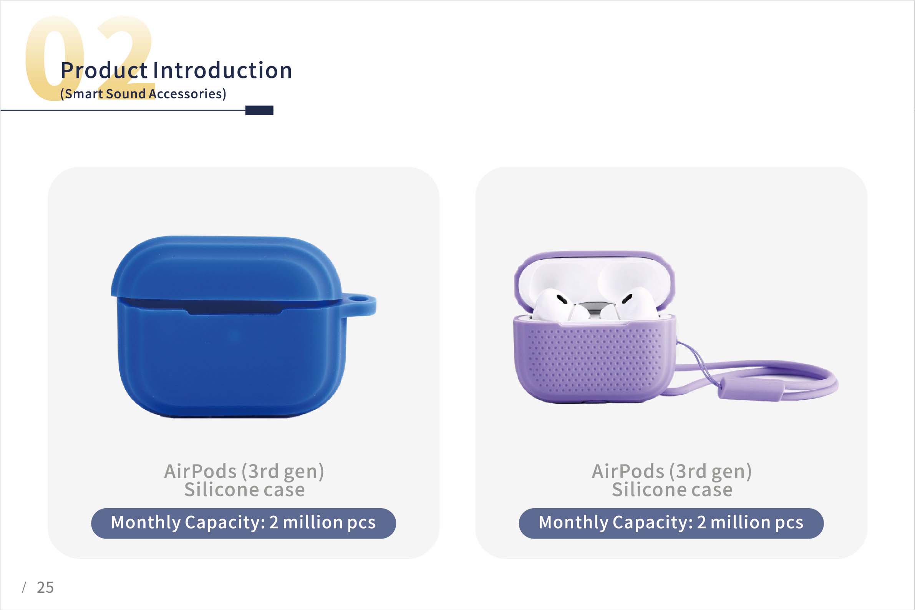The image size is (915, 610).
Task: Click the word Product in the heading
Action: coord(104,70)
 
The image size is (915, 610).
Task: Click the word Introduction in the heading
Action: coord(222,70)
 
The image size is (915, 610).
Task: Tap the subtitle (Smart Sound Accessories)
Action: coord(143,94)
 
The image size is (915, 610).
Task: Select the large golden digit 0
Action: coord(55,58)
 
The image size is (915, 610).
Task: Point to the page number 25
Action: coord(45,587)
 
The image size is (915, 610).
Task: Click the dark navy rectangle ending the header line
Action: coord(259,111)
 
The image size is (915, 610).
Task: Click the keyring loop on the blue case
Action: coord(360,305)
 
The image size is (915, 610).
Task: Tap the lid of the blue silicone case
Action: coord(225,269)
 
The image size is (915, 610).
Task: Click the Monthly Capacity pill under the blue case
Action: coord(244,523)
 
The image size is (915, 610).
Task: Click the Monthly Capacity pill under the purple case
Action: coord(671,523)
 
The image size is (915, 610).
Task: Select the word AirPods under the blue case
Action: coord(201,471)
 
